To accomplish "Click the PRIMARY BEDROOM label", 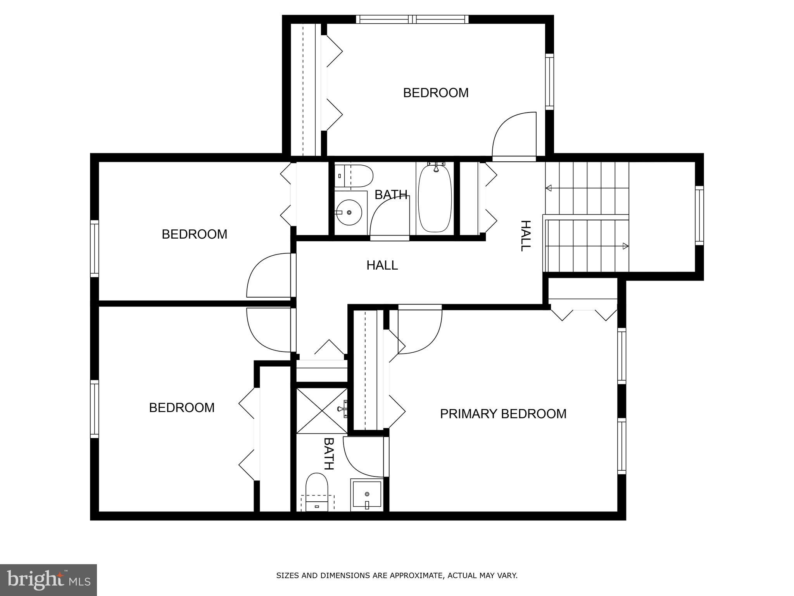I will pos(503,414).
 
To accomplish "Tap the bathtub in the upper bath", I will pos(435,198).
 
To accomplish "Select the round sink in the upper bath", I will pos(349,212).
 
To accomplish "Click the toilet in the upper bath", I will pos(354,176).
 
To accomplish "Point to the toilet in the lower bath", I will pos(317,491).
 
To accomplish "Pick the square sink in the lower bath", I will pos(367,495).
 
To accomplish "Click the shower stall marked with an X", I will pos(321,410).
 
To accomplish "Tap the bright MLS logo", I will pos(48,580).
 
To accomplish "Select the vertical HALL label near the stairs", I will pos(525,236).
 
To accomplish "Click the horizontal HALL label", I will pos(382,265).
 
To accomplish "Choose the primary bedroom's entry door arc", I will pos(420,330).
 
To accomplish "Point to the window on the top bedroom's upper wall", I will pos(412,19).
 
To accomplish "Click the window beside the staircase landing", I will pos(699,215).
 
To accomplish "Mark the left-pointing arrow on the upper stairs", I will pos(549,188).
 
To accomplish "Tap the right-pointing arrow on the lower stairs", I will pos(625,246).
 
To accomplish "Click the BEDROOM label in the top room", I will pos(436,93).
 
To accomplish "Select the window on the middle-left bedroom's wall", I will pos(94,248).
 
